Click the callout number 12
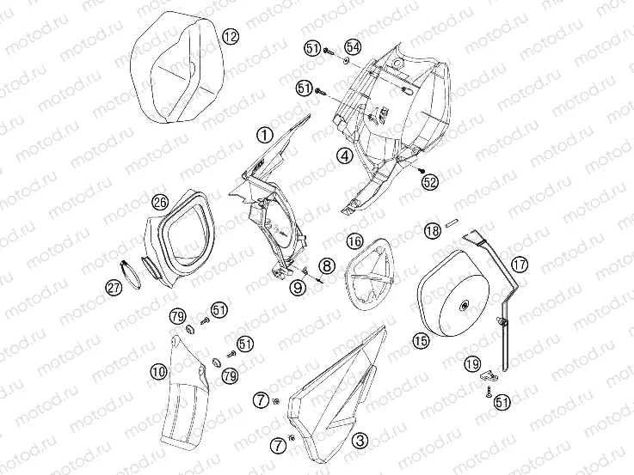231,37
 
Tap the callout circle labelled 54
353,47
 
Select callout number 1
265,135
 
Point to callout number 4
344,155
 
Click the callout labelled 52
430,182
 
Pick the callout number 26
160,201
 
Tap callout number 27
114,288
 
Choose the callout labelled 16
355,241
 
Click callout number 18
433,231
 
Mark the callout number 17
520,265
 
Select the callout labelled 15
421,341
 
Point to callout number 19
472,364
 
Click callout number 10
158,371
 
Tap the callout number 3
360,440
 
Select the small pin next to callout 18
452,222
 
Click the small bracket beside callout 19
489,375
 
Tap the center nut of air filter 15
464,307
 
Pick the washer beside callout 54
347,61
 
